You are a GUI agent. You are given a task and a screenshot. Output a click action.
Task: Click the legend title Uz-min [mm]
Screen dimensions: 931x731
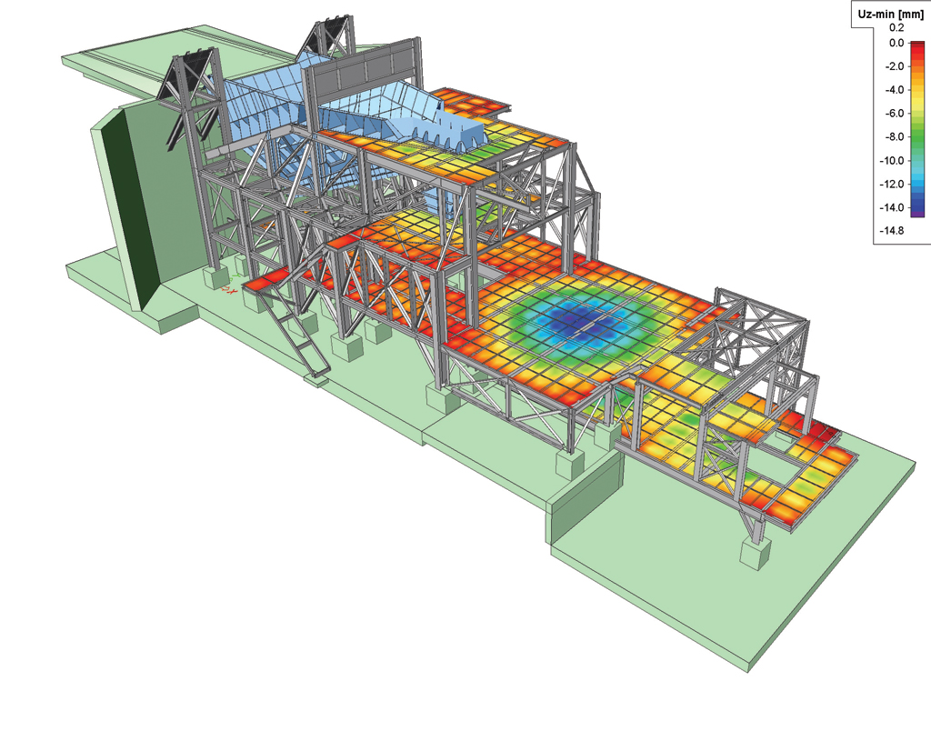point(891,15)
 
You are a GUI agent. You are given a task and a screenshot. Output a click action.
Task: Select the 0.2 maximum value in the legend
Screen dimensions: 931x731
point(896,28)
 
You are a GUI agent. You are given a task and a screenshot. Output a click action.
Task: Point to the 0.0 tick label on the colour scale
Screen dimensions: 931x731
point(896,43)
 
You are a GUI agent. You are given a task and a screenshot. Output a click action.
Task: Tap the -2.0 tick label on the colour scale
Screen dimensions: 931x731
point(895,66)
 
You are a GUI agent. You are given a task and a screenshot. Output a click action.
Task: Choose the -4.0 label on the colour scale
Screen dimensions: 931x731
point(895,90)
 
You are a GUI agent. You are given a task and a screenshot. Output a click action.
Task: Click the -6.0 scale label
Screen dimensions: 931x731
point(895,114)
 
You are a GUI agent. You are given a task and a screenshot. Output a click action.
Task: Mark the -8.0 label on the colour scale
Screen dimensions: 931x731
point(895,137)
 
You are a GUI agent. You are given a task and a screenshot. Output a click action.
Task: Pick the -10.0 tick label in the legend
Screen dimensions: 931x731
point(893,161)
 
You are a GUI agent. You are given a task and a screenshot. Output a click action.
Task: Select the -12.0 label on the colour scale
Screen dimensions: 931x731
point(893,184)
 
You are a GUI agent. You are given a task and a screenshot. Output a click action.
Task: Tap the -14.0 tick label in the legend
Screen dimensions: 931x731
point(893,208)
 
